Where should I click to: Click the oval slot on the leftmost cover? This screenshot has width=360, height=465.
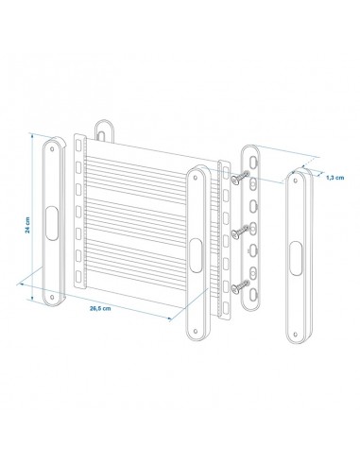pyautogui.click(x=51, y=212)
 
